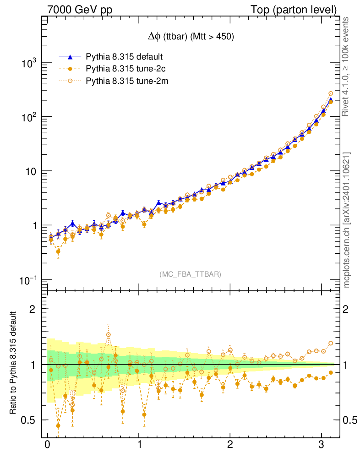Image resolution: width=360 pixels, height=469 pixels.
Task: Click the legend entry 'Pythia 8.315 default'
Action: click(x=125, y=57)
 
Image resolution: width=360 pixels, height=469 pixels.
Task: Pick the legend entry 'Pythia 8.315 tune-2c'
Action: click(x=125, y=69)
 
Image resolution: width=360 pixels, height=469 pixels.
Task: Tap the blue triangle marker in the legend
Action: click(x=70, y=57)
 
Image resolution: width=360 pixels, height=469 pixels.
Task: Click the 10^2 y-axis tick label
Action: click(x=28, y=117)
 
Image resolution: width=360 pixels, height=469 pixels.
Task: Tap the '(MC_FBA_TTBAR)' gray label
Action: click(x=191, y=274)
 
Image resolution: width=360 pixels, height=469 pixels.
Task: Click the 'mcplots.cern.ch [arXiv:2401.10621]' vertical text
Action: click(x=348, y=220)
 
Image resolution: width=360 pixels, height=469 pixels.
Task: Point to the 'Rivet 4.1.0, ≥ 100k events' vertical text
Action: click(x=348, y=67)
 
